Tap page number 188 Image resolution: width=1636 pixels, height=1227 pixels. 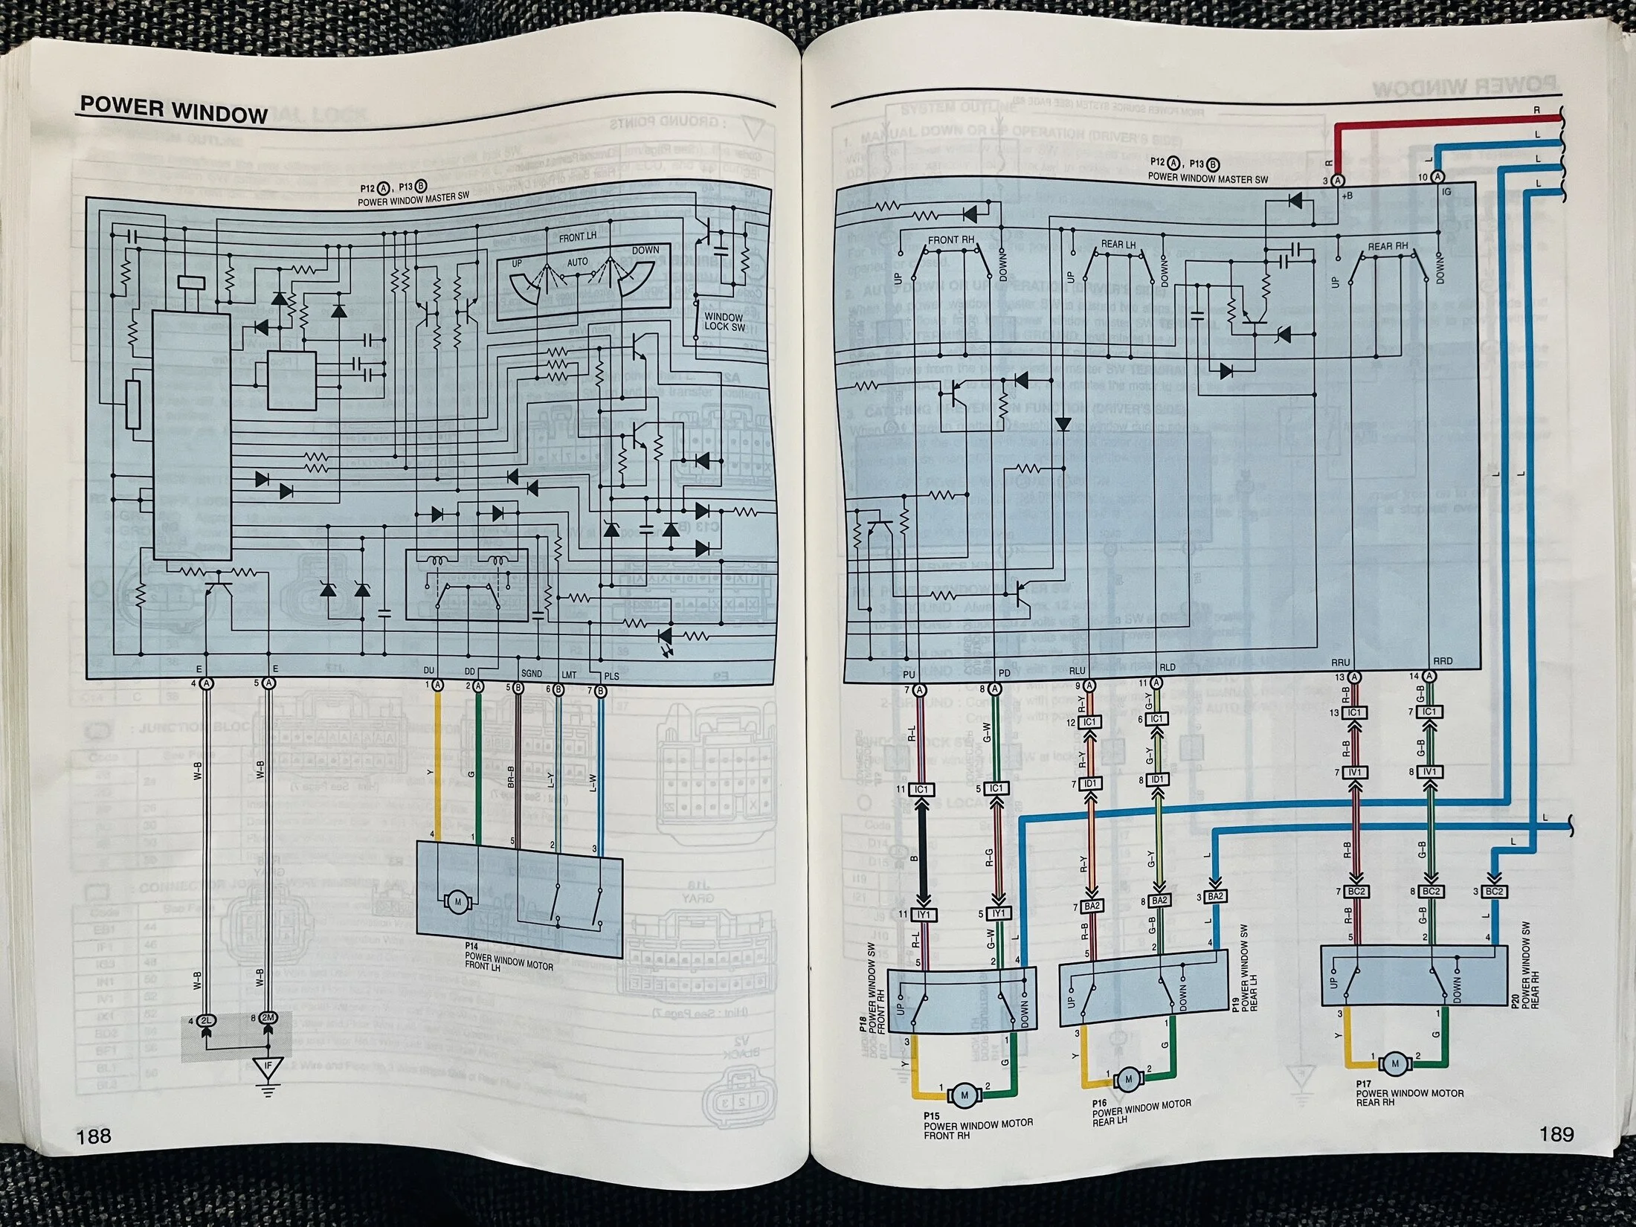94,1136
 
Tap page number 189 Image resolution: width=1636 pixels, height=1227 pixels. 1556,1134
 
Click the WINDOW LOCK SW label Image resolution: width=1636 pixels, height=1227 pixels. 724,321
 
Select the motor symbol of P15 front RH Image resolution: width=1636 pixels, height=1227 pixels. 965,1094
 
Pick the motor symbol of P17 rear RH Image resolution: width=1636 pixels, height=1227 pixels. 1395,1063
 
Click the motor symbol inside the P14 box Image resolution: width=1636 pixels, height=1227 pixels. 457,902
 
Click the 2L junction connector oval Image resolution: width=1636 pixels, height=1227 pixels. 206,1021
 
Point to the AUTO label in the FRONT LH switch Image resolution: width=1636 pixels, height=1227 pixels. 577,262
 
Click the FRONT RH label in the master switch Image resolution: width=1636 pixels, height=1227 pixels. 951,240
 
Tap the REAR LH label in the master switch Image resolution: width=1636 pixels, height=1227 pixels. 1118,245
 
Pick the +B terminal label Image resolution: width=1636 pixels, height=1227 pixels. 1347,196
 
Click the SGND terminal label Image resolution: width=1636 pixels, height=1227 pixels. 531,673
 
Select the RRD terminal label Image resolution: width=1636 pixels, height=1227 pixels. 1442,660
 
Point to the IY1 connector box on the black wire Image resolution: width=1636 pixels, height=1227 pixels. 924,915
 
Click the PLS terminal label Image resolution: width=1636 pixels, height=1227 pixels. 611,676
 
